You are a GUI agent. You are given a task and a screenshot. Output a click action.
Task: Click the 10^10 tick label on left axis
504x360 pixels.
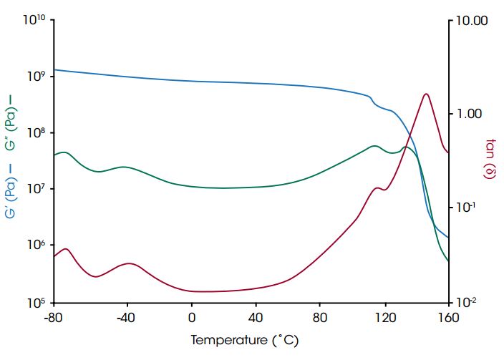pos(34,20)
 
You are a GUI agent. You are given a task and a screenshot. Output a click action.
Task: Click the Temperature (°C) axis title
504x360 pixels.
pos(244,340)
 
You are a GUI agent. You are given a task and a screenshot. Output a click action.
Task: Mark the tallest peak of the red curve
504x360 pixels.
pos(426,94)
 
